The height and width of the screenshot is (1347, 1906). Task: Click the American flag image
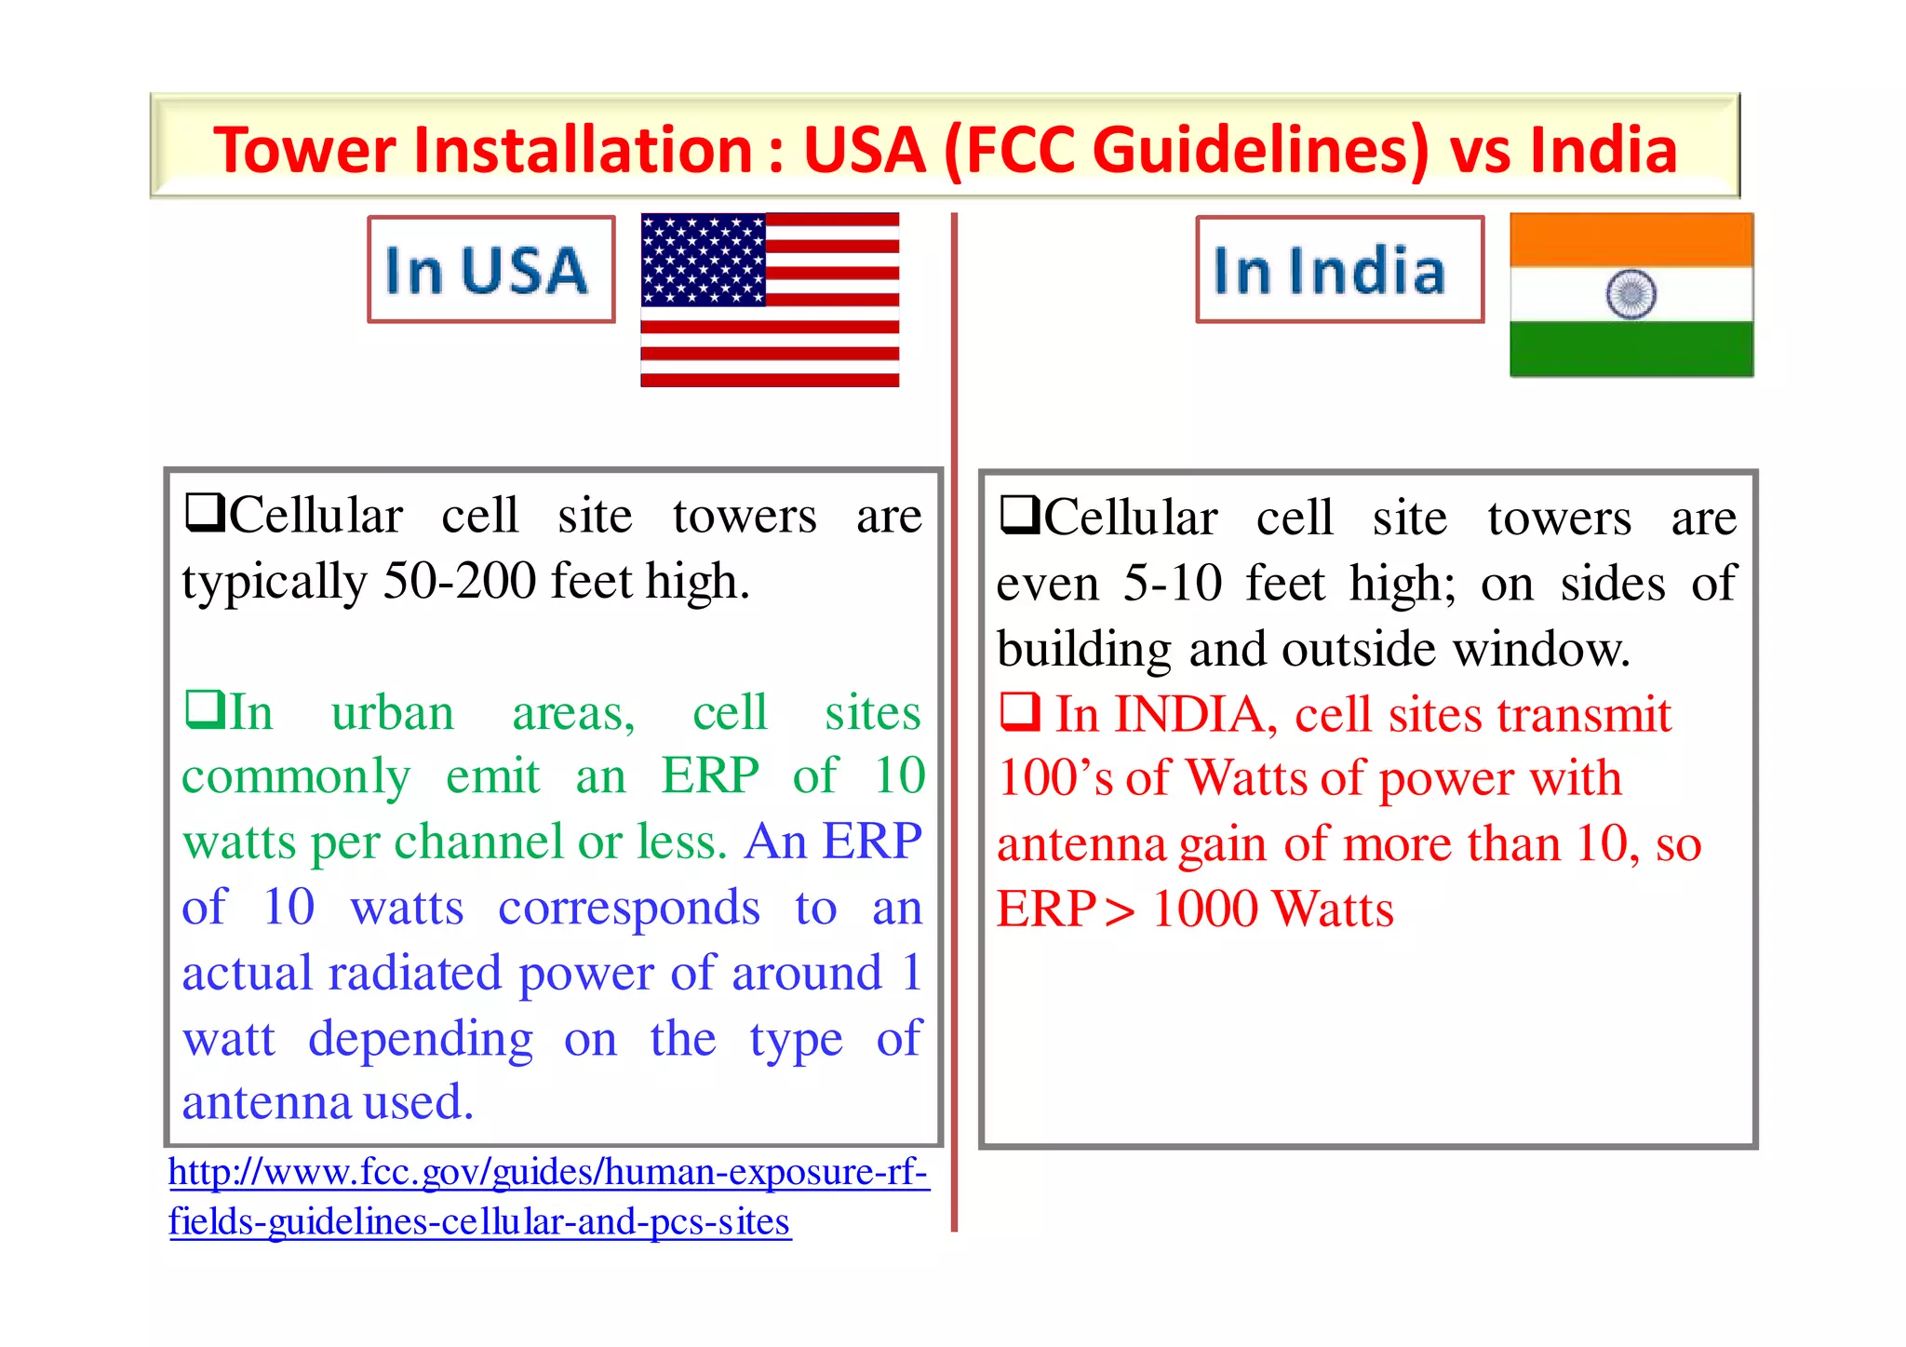point(770,300)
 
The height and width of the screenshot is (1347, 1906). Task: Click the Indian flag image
point(1631,294)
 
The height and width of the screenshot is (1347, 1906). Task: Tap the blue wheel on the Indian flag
point(1631,294)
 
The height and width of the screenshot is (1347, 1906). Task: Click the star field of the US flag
point(703,260)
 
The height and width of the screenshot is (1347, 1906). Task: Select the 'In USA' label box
point(490,270)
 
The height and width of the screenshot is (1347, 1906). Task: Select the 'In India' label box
point(1339,270)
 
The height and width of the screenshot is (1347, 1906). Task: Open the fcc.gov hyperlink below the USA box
point(548,1196)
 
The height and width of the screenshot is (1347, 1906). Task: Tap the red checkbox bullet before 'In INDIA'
point(1020,711)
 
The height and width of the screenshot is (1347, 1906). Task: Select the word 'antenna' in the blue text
point(265,1103)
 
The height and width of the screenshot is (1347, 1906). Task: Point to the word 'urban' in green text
point(393,713)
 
